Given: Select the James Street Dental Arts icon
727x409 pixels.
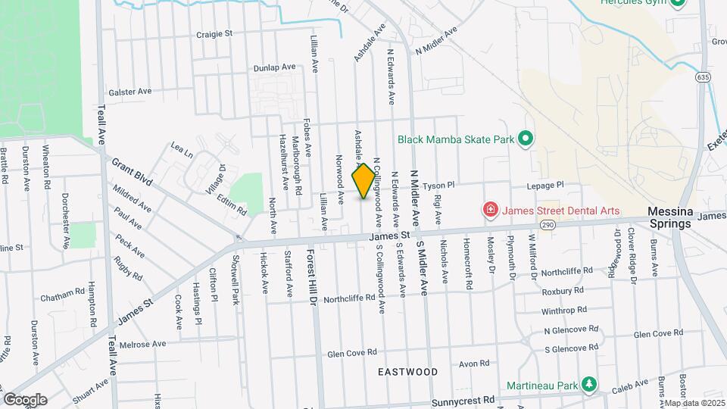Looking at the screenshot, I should pyautogui.click(x=491, y=210).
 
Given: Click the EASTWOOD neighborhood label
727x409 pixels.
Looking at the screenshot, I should pyautogui.click(x=408, y=372).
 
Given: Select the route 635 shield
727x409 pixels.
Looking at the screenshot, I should pyautogui.click(x=704, y=77).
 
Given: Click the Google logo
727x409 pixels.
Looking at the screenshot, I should pyautogui.click(x=25, y=399).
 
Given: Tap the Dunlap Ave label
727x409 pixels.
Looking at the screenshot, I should pyautogui.click(x=275, y=67).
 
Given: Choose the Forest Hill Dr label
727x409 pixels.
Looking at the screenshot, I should pyautogui.click(x=310, y=276).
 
